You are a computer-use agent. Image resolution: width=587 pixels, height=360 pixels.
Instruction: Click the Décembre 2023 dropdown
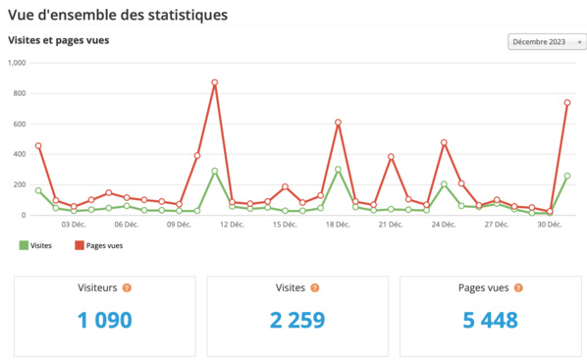(547, 41)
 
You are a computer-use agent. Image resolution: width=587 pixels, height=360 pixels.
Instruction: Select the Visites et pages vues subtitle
(58, 40)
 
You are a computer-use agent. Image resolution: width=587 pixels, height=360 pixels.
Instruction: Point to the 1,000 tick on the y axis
(17, 63)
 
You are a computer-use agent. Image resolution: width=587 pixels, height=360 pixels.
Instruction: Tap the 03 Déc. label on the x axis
(74, 225)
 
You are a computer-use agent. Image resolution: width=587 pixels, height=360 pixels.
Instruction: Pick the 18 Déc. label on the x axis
(338, 225)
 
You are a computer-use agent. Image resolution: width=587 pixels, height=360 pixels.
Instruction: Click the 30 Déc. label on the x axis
(549, 225)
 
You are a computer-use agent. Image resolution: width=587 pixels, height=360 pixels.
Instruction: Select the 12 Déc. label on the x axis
(232, 225)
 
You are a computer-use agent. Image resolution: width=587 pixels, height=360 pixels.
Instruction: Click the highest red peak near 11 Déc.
(214, 82)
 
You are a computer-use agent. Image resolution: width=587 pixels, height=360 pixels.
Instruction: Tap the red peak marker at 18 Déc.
(338, 123)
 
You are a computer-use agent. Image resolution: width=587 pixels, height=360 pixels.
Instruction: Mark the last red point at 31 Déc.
(567, 103)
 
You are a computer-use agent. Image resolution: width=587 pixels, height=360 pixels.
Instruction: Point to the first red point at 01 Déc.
(38, 146)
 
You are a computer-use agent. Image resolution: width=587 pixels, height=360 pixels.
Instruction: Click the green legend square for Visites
(25, 246)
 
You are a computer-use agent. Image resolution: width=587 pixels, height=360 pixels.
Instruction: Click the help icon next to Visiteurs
(127, 288)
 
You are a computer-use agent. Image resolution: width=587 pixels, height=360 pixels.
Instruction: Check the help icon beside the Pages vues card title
(519, 288)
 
